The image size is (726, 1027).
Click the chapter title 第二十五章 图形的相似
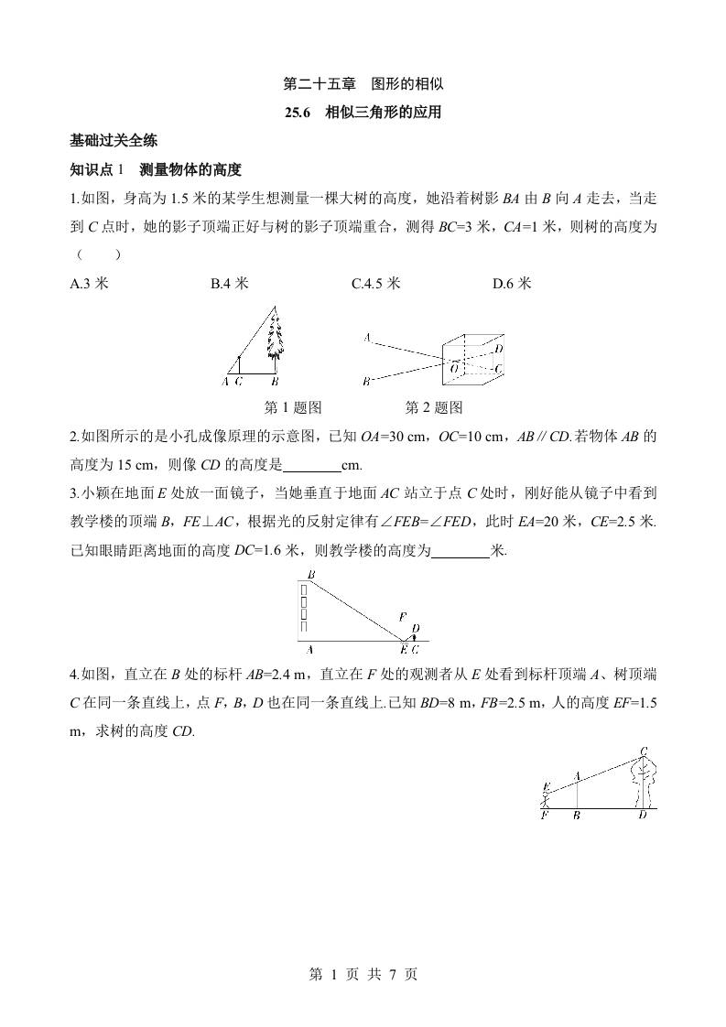click(363, 84)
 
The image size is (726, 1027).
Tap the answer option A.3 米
click(90, 284)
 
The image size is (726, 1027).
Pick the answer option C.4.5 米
click(376, 284)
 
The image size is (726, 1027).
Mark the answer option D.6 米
click(512, 284)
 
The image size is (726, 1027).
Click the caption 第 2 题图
click(434, 407)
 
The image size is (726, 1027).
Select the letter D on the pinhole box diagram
click(498, 349)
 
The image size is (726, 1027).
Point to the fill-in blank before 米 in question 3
click(461, 552)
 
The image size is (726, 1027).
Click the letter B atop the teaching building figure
click(311, 575)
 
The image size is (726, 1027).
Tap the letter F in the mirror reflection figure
click(402, 617)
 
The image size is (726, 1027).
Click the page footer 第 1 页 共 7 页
click(363, 974)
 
